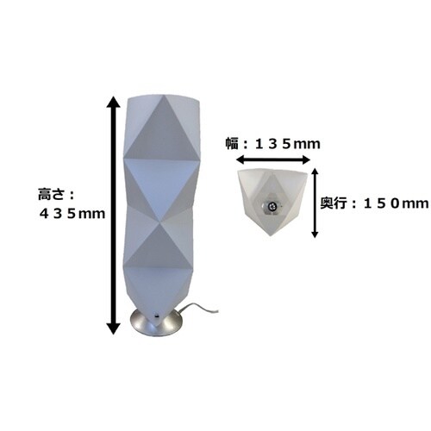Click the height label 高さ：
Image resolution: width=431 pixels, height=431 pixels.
tap(56, 195)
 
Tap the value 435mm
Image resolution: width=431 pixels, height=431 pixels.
tap(72, 214)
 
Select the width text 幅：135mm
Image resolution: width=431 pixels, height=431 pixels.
tap(272, 143)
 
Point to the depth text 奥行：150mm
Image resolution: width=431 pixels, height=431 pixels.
tap(374, 203)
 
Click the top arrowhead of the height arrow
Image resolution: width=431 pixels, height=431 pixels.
tap(114, 102)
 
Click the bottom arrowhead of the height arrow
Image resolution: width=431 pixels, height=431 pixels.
tap(114, 328)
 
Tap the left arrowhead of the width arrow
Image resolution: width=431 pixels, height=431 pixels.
tap(240, 159)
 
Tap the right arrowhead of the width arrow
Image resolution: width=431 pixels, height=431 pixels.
tap(305, 159)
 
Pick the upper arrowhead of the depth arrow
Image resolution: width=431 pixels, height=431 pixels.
tap(315, 172)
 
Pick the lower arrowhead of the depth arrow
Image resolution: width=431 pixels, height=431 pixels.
tap(315, 234)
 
